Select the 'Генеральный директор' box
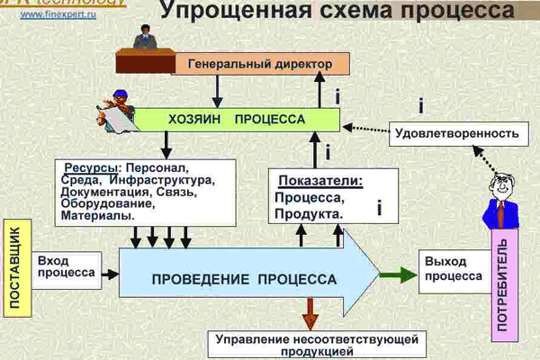click(x=254, y=64)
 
